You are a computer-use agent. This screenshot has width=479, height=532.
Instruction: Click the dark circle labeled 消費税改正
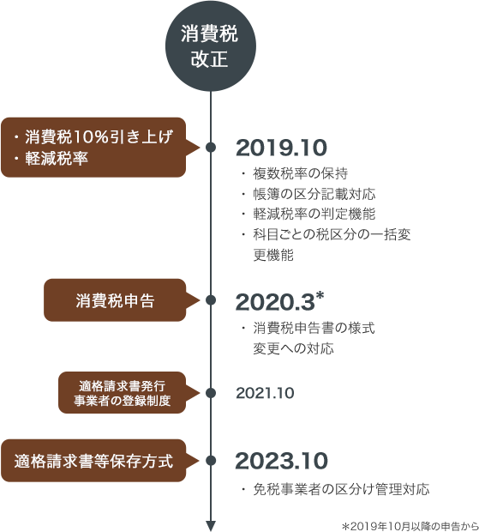(x=211, y=46)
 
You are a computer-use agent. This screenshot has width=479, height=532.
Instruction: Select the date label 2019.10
(x=281, y=148)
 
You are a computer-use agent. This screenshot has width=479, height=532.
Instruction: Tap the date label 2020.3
(x=275, y=302)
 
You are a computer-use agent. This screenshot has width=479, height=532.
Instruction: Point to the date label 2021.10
(x=265, y=393)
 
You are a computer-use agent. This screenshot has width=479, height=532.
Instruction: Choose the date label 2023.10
(x=282, y=461)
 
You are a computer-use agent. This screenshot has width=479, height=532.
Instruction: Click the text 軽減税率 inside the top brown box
(x=57, y=159)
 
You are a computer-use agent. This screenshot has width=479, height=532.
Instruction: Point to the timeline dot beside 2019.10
(x=211, y=148)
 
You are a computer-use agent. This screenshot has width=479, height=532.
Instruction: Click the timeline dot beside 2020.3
(x=211, y=300)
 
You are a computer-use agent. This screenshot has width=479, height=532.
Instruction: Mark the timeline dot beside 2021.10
(x=211, y=393)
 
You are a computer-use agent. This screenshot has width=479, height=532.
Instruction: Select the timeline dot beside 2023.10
(x=211, y=461)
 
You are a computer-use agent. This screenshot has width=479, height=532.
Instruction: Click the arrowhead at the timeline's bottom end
(x=211, y=525)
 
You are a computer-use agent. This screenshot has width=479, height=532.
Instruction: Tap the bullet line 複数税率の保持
(x=295, y=173)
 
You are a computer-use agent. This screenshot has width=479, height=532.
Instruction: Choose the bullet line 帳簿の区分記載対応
(x=308, y=194)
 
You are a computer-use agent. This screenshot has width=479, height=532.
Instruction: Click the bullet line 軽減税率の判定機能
(x=308, y=215)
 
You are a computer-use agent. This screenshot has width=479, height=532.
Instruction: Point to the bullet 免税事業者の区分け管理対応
(x=336, y=489)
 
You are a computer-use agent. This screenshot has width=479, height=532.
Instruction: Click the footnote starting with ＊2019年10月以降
(x=410, y=526)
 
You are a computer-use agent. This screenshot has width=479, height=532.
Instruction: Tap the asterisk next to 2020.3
(x=320, y=295)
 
